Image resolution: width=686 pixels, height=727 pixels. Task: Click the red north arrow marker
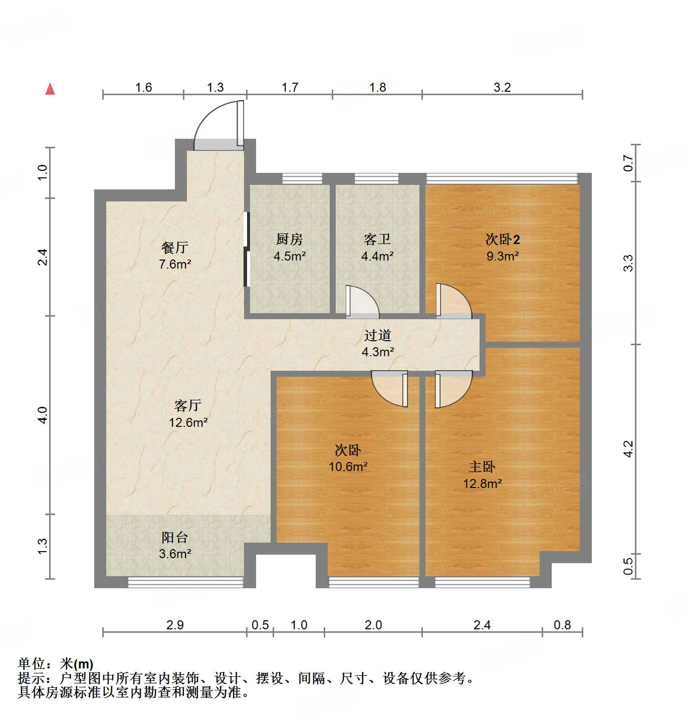click(50, 89)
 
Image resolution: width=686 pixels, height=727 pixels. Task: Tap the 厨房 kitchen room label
click(290, 239)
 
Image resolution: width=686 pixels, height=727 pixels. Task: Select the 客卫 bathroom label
click(377, 239)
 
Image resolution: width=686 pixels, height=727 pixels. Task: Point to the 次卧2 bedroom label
click(503, 239)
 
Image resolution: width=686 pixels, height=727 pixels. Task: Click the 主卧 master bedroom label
click(482, 467)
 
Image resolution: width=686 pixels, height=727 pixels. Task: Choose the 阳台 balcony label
click(175, 538)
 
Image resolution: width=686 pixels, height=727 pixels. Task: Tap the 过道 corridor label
click(377, 335)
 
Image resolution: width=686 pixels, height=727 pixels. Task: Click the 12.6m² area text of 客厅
click(188, 422)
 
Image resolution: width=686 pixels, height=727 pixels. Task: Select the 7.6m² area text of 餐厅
click(175, 264)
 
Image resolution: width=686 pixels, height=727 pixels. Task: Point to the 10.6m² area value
click(348, 466)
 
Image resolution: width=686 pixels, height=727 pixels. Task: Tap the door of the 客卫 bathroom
click(362, 302)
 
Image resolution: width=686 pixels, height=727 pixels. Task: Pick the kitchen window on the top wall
click(302, 178)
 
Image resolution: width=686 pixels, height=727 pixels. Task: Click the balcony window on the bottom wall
click(185, 582)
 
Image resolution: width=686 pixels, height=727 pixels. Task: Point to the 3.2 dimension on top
click(502, 87)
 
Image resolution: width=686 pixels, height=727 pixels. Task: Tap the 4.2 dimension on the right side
click(628, 448)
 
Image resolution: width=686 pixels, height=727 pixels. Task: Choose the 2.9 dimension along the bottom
click(175, 625)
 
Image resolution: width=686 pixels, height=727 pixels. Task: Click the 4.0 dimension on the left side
click(43, 415)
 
